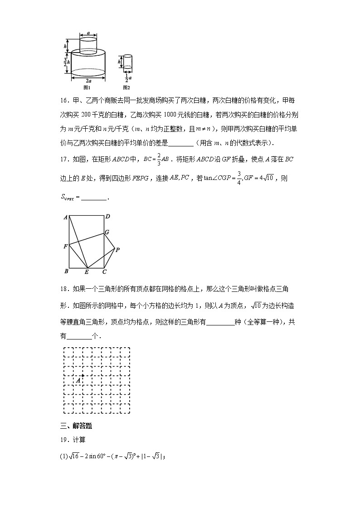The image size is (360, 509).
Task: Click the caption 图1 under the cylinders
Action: click(88, 87)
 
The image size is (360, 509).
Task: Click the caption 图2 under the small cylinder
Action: click(126, 87)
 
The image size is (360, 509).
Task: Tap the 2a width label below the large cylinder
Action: click(88, 81)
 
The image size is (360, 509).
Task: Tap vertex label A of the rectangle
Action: click(66, 218)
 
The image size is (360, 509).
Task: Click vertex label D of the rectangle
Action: click(108, 217)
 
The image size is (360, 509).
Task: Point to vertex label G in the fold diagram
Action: click(107, 233)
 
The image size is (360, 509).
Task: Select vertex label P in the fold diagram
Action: click(117, 250)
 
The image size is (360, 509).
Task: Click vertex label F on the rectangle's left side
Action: click(65, 247)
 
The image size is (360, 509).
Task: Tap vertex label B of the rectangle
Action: click(66, 271)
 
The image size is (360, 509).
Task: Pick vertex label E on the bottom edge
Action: click(87, 272)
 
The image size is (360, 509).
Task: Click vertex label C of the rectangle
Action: click(104, 272)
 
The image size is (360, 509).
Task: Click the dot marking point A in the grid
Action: click(83, 375)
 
